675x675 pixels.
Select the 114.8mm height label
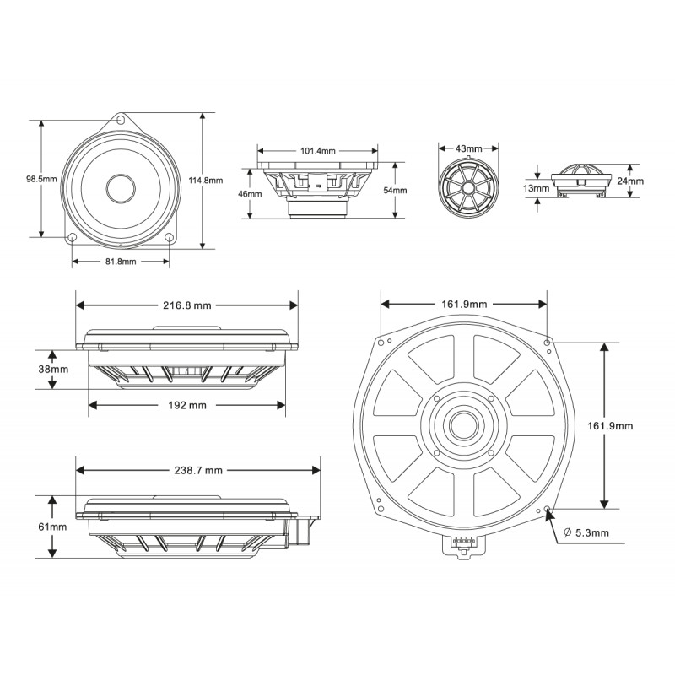205,180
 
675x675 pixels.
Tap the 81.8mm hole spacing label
121,262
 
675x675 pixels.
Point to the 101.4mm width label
317,151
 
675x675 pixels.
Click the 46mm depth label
250,193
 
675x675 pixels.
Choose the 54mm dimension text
395,191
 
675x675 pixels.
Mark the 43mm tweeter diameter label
468,148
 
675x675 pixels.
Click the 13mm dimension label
537,188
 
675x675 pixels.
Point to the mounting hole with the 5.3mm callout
549,510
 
